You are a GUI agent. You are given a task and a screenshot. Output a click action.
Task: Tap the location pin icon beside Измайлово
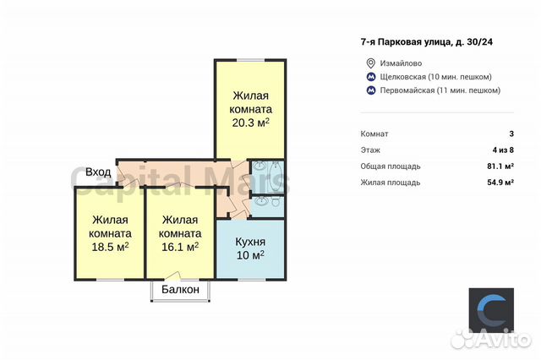pos(369,63)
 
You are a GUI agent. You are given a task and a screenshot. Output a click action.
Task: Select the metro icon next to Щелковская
pos(369,77)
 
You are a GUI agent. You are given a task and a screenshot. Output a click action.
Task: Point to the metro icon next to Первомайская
pos(369,90)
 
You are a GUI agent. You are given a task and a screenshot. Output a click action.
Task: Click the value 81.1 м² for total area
pos(498,166)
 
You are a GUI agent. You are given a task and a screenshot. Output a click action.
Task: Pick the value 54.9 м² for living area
pos(498,182)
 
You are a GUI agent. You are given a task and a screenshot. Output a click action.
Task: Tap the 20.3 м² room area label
pos(251,123)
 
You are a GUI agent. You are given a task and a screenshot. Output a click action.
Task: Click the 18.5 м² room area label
pos(111,248)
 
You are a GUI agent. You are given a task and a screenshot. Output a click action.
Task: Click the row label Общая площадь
pos(391,166)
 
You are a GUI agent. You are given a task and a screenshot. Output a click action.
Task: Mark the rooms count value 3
pos(511,134)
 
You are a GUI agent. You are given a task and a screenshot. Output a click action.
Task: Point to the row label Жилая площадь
pos(391,182)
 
